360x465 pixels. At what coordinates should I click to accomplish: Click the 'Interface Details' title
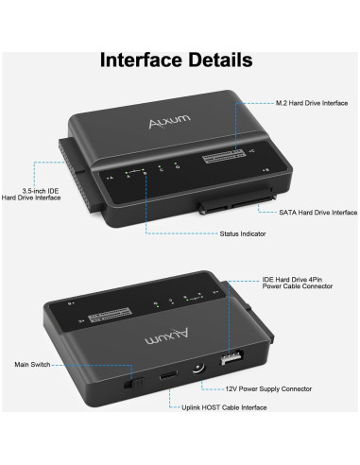(x=177, y=60)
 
